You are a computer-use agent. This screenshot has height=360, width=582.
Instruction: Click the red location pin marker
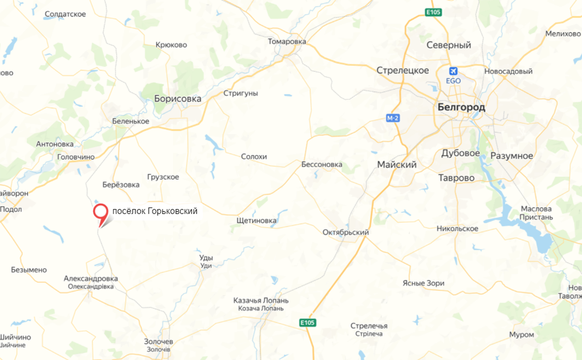coord(101,213)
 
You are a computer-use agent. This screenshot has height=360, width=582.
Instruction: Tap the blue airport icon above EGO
coord(453,71)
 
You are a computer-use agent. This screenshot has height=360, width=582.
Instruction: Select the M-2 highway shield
coord(392,118)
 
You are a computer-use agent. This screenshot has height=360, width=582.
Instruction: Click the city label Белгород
coord(461,107)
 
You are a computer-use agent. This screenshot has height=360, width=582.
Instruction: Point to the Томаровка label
coord(287,41)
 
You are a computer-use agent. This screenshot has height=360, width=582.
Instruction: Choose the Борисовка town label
coord(178,99)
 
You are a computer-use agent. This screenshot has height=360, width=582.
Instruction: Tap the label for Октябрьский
coord(345,232)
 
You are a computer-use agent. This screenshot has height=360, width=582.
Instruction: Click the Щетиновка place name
coord(256,220)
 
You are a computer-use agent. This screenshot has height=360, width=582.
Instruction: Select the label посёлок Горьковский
coord(155,211)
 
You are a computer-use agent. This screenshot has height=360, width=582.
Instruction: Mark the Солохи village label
coord(254,156)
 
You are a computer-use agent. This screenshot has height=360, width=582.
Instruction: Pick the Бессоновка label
coord(322,164)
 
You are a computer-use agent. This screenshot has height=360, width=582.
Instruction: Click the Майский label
coord(397,165)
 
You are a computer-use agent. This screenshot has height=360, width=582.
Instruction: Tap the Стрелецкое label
coord(402,71)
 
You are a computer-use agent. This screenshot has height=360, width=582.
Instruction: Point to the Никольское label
coord(457,228)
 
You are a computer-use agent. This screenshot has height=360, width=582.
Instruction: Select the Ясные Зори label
coord(423,283)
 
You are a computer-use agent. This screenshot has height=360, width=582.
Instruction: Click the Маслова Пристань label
coord(536,213)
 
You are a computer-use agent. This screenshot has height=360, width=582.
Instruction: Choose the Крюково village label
coord(171,45)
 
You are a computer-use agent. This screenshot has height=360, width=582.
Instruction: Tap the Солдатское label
coord(65,14)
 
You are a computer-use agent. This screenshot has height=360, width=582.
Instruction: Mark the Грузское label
coord(163,177)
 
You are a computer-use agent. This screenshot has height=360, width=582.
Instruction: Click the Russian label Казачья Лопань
coord(261,300)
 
